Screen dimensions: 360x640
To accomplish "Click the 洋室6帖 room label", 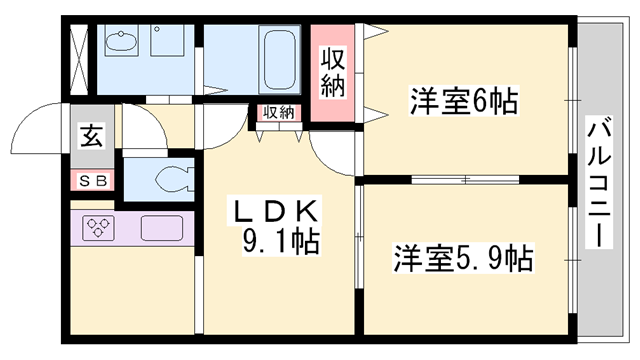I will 462,101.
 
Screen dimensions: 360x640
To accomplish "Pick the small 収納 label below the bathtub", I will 279,112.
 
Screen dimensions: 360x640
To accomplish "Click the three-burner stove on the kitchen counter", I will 99,227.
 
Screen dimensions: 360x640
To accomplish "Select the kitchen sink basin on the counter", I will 161,227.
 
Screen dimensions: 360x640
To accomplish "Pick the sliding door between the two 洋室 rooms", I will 466,179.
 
